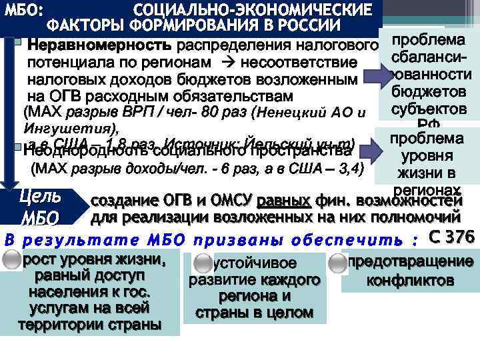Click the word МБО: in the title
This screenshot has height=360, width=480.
pos(24,11)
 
